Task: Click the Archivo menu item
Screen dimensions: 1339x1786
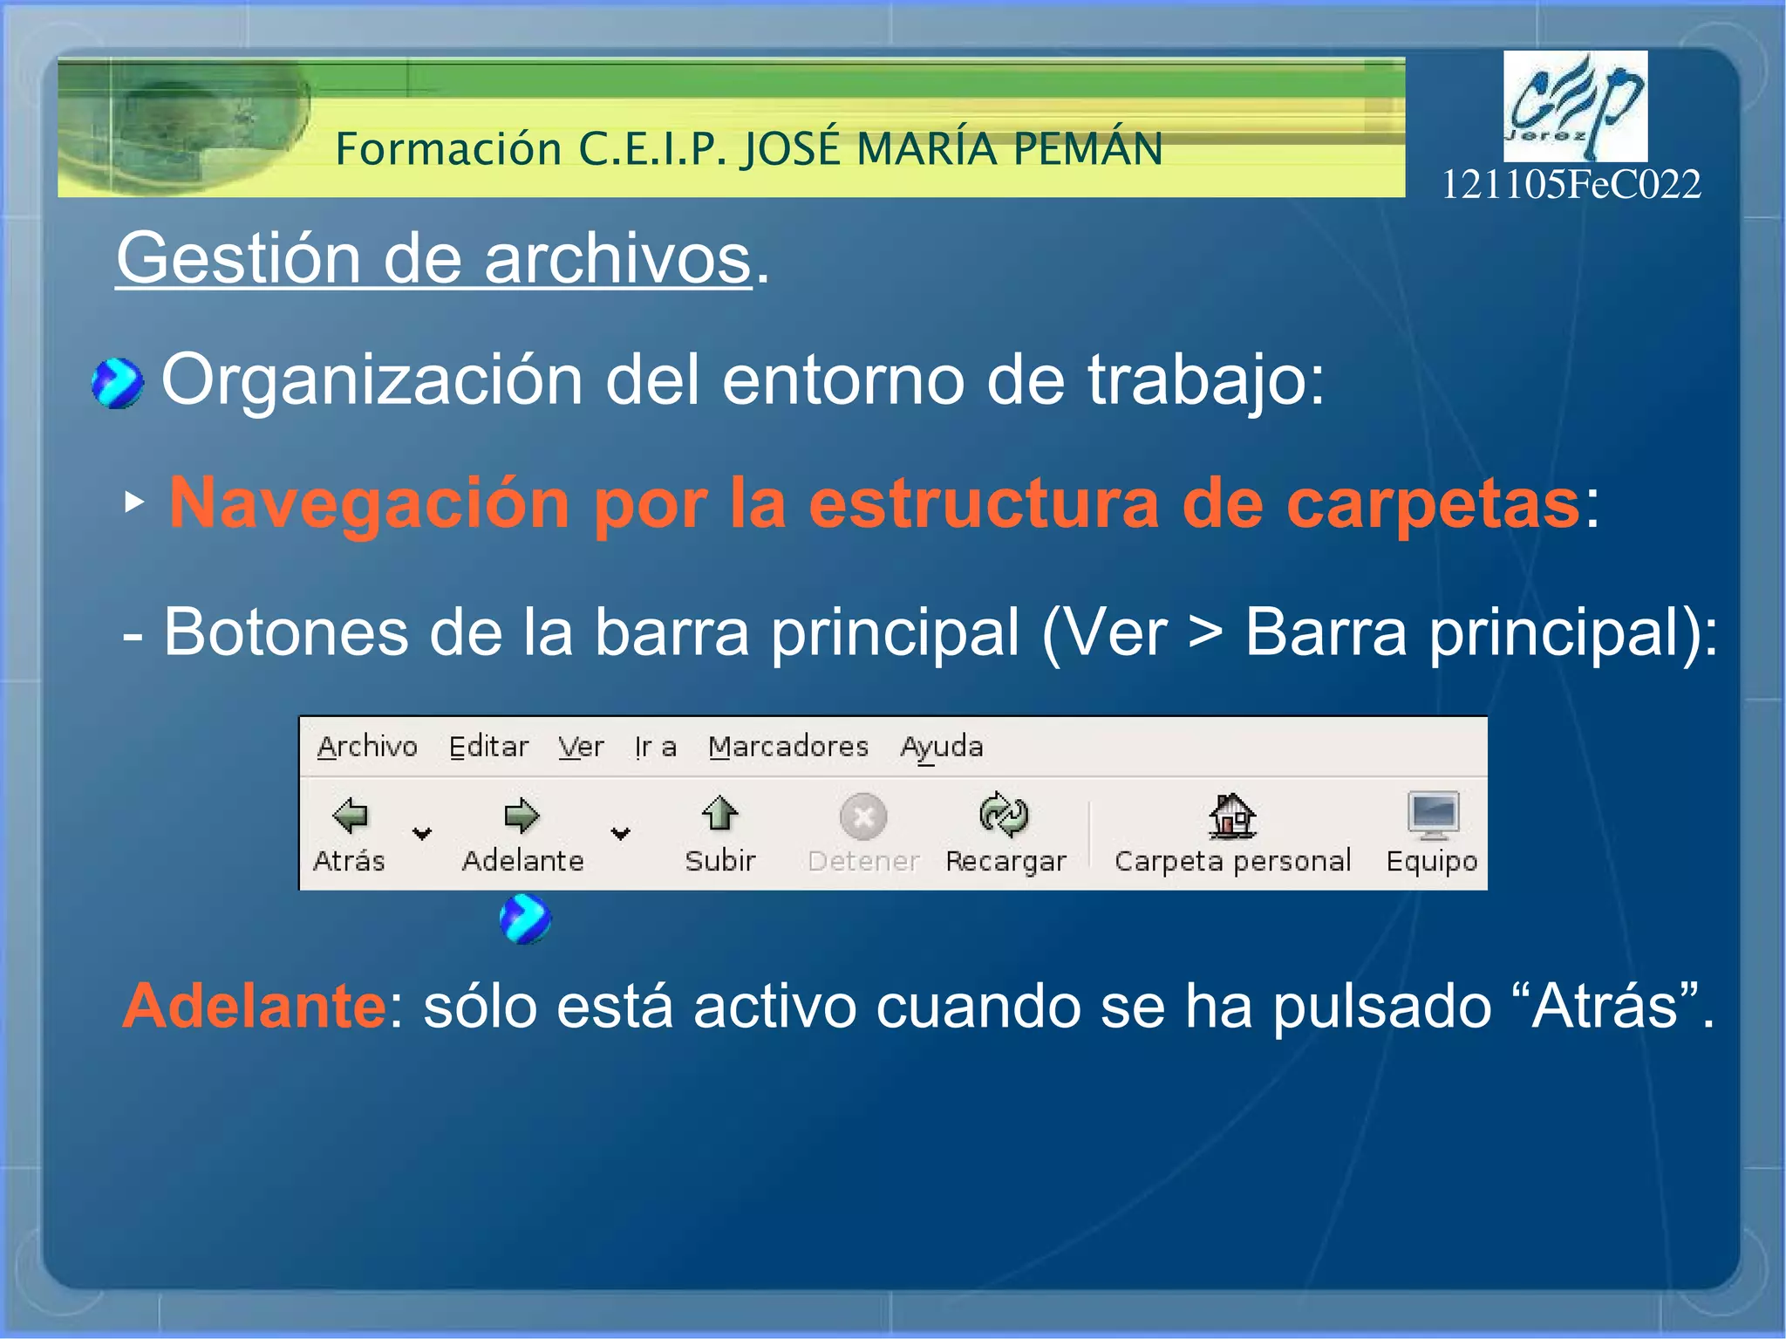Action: tap(367, 747)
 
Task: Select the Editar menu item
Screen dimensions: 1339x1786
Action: tap(488, 747)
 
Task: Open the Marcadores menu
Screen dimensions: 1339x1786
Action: tap(788, 747)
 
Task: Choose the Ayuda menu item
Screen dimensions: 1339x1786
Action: tap(942, 747)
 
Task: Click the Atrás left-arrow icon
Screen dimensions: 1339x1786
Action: tap(351, 816)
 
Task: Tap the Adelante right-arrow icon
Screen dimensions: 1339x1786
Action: tap(521, 816)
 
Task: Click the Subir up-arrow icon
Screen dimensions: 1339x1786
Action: tap(719, 814)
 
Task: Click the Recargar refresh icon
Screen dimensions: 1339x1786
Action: tap(1004, 815)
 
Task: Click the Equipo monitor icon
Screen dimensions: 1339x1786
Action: tap(1433, 814)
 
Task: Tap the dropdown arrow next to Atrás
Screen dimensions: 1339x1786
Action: tap(422, 834)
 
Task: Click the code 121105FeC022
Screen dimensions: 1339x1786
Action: tap(1571, 185)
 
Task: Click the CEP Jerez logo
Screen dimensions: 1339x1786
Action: tap(1575, 106)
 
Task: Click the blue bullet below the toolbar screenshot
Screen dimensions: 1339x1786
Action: tap(525, 919)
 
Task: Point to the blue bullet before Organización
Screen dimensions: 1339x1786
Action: tap(117, 383)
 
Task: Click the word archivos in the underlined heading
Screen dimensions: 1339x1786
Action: tap(617, 259)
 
